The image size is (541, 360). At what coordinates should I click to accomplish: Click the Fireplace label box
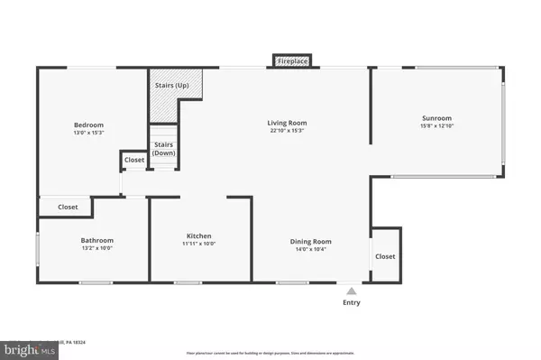point(291,61)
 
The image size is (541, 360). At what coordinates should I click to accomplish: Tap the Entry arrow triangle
point(351,291)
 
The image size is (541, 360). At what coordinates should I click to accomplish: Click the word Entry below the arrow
point(351,302)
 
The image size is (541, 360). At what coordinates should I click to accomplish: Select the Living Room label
point(287,123)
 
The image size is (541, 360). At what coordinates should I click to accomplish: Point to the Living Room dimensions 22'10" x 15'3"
point(287,132)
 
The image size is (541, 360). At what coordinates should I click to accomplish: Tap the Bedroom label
point(88,125)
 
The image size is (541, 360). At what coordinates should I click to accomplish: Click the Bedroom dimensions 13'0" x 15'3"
point(88,134)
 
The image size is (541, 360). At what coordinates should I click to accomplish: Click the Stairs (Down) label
point(163,149)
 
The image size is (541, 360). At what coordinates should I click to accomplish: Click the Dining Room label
point(310,241)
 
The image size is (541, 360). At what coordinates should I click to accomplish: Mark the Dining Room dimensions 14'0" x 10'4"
point(310,250)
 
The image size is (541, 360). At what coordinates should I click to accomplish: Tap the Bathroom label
point(96,241)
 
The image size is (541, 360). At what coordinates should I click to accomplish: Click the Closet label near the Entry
point(385,256)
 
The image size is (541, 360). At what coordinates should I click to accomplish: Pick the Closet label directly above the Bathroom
point(68,207)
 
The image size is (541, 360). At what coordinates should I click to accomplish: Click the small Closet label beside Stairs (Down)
point(133,160)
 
